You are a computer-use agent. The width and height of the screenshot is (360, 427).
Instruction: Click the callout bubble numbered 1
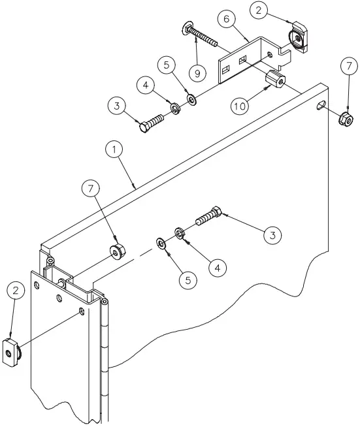coord(114,150)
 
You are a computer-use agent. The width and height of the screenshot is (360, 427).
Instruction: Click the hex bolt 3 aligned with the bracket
coord(150,123)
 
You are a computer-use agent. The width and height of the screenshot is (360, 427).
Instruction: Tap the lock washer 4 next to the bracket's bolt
coord(175,107)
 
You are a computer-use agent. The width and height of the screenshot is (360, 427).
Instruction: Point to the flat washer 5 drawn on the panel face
coord(160,243)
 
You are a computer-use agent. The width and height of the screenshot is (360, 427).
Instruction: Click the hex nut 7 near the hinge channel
coord(117,250)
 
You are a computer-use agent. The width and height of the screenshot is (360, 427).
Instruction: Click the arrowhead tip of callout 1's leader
coord(135,187)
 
